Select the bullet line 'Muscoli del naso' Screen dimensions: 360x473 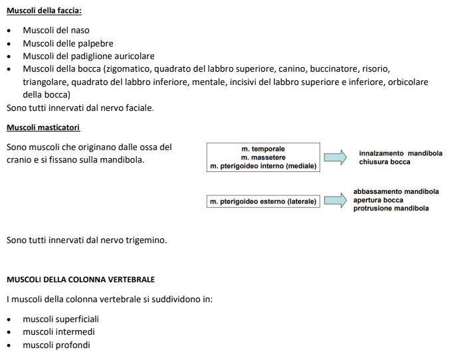point(56,31)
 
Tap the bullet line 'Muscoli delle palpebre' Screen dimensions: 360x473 point(68,44)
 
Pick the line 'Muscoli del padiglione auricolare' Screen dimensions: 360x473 point(88,56)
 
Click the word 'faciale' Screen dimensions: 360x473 point(138,108)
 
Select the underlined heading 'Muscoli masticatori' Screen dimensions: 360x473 point(43,127)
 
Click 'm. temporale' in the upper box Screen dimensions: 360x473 point(263,149)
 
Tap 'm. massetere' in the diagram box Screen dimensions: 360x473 point(263,157)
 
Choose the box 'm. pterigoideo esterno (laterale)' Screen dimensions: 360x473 point(263,201)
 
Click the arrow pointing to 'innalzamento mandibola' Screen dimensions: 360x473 point(335,157)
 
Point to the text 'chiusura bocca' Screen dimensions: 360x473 point(385,162)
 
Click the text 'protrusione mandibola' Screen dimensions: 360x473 point(391,209)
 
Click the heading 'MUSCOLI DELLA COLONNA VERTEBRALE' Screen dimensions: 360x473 point(80,280)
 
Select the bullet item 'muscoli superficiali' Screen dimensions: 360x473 point(60,319)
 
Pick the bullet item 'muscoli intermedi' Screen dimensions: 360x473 point(58,332)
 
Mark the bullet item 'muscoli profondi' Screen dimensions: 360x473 point(56,345)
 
